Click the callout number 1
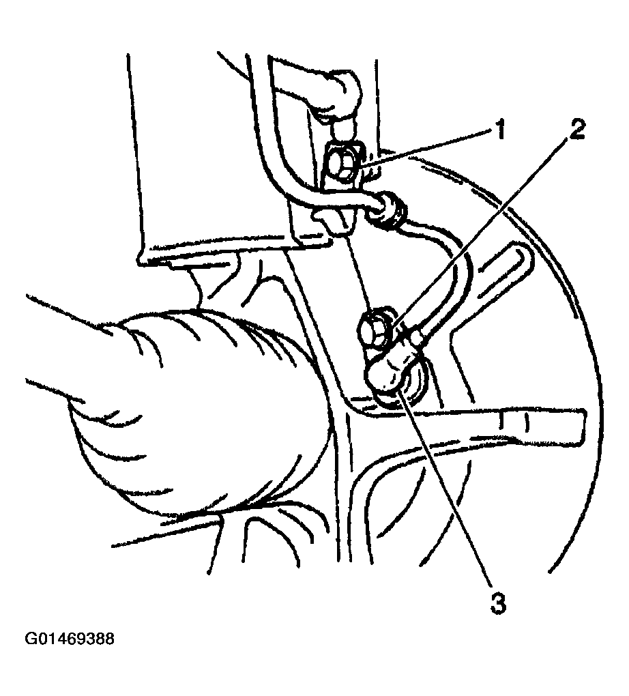coord(501,131)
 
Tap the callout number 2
coord(576,129)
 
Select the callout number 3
coord(498,603)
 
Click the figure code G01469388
coord(70,639)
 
